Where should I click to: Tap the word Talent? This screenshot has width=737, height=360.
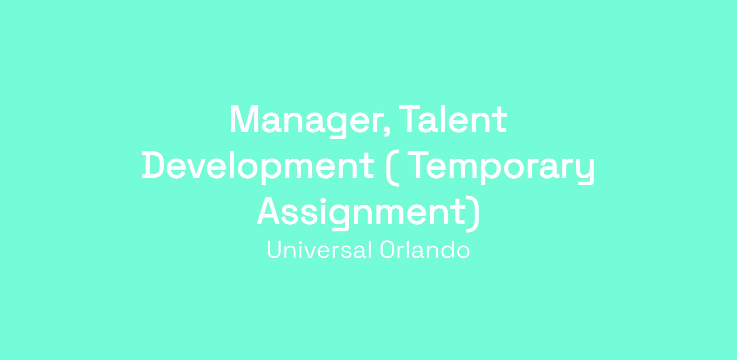453,119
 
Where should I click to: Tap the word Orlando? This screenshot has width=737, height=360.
425,250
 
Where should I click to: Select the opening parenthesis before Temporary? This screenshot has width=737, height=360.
392,168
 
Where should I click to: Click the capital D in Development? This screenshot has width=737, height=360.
153,165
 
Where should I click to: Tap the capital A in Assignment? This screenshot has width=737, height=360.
268,211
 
